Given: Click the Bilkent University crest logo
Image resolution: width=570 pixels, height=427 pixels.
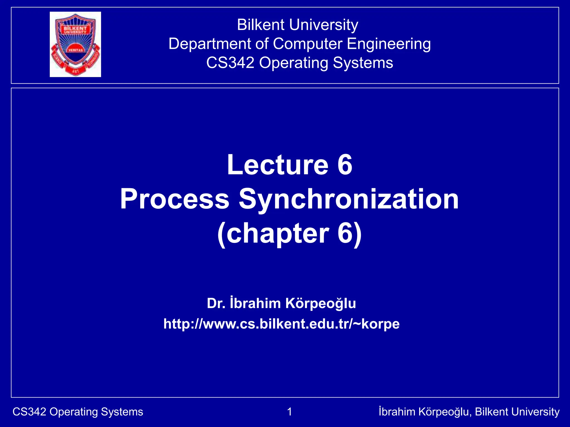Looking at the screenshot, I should [x=75, y=44].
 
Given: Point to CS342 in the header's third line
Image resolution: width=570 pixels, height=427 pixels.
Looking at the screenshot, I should [x=230, y=63].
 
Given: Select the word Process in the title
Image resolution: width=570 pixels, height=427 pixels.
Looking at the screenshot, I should [x=175, y=199].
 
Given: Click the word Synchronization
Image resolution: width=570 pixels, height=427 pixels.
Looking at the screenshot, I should [x=349, y=199].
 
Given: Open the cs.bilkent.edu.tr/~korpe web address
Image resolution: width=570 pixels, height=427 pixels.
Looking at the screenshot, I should [x=281, y=324].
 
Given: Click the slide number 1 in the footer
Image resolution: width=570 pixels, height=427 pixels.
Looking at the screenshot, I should [x=289, y=412].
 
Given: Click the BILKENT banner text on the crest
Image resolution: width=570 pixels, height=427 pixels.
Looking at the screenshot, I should [x=75, y=28].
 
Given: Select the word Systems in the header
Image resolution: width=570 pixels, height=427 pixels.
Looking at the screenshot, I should [x=363, y=63].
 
